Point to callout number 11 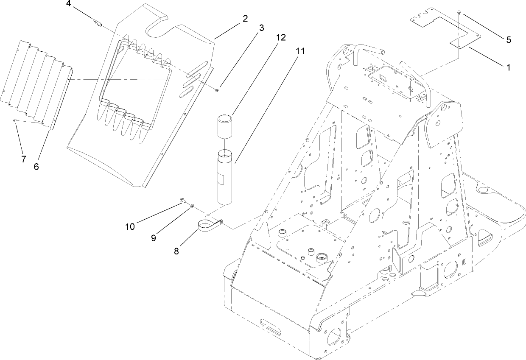[x=300, y=51]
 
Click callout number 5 [x=508, y=40]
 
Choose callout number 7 [x=23, y=159]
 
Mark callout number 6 [x=36, y=167]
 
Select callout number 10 [x=130, y=226]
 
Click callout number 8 [x=176, y=251]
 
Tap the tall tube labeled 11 [x=226, y=178]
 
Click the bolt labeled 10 [x=183, y=200]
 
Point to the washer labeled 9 [x=192, y=206]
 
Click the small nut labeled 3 [x=217, y=89]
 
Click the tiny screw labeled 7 [x=15, y=121]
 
